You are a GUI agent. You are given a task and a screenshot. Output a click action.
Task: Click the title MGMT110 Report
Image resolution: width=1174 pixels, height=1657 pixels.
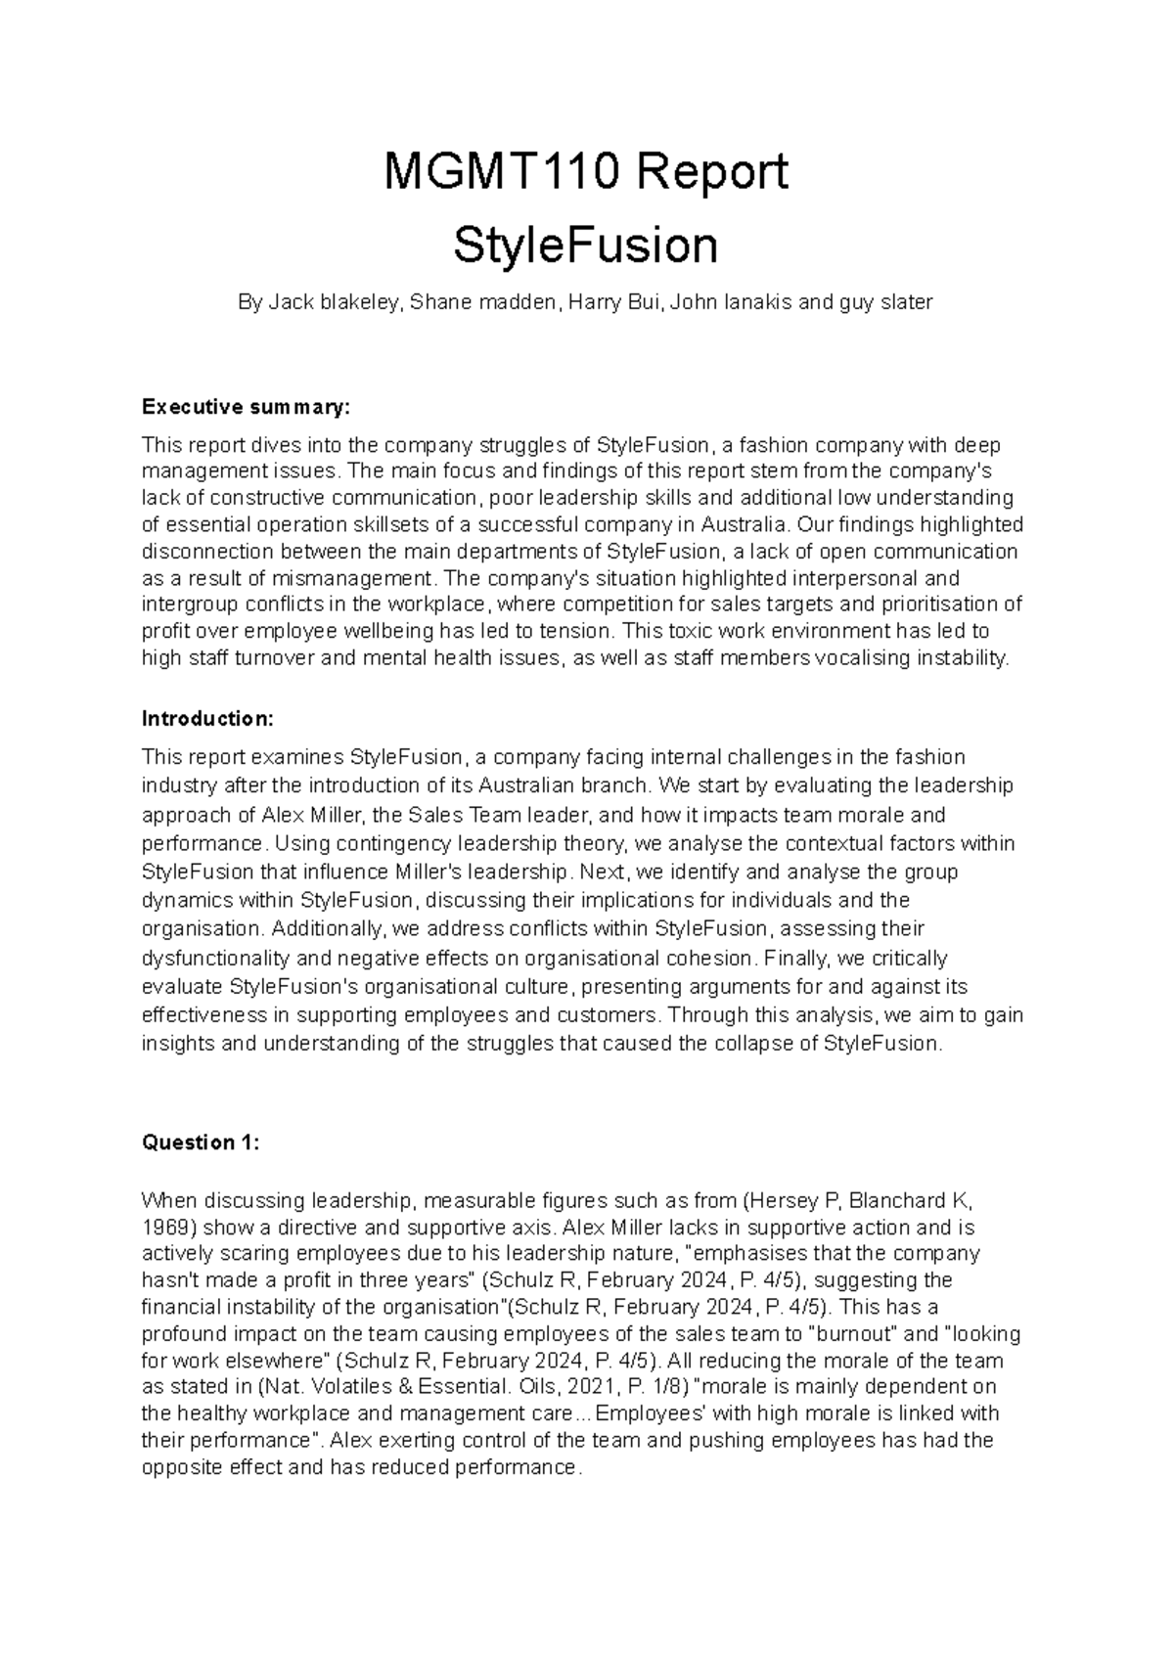[x=585, y=173]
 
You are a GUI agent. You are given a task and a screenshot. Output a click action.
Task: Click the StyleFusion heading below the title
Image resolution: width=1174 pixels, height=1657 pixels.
[x=585, y=246]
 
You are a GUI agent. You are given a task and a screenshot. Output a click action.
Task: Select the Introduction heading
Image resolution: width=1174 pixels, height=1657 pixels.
[x=207, y=719]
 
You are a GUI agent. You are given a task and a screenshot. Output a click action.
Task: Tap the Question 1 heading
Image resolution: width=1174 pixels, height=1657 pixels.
[x=201, y=1142]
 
